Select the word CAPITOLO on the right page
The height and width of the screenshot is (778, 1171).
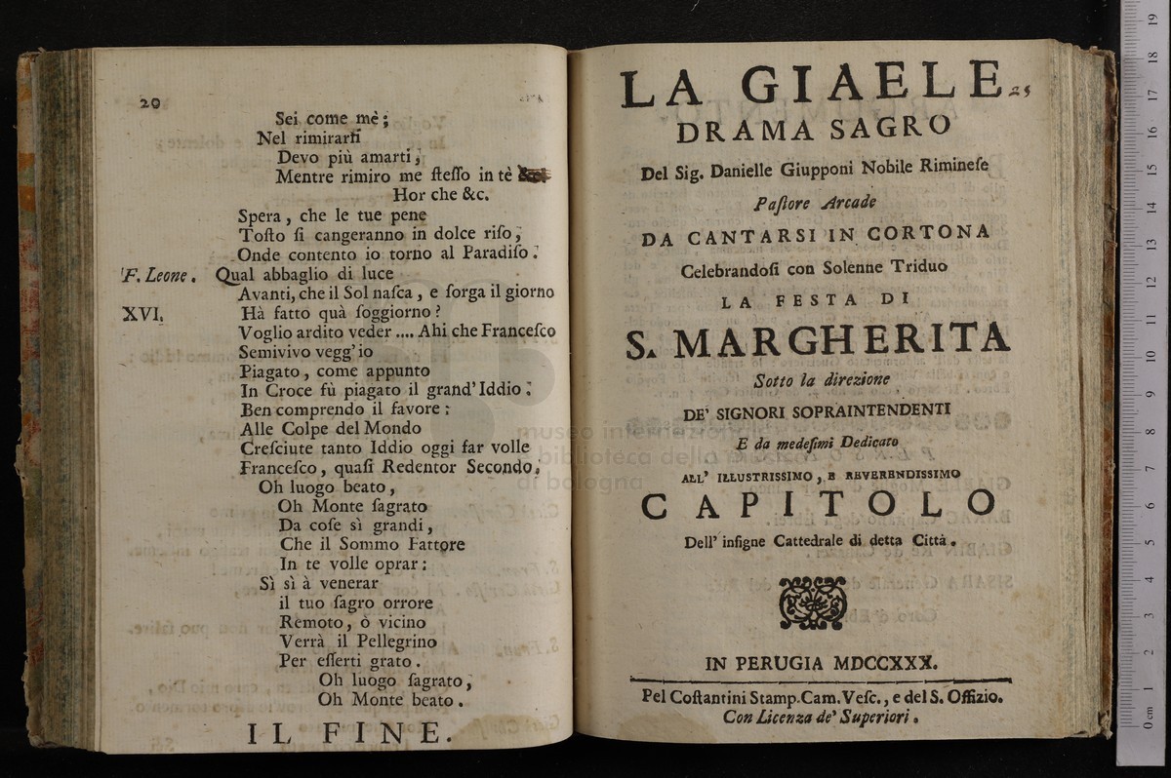click(x=818, y=503)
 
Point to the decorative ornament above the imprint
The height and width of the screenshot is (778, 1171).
click(x=812, y=603)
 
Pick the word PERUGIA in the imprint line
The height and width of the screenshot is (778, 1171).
click(x=779, y=663)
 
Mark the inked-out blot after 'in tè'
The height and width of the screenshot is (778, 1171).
click(x=534, y=175)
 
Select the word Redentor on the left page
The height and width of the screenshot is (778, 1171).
click(x=401, y=466)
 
